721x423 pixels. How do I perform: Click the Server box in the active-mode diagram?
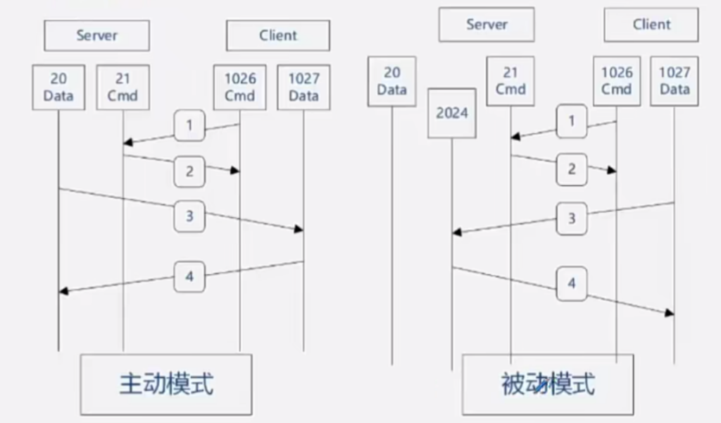pos(96,35)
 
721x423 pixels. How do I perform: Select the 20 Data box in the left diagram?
pos(58,87)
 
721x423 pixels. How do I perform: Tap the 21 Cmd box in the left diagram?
pos(123,87)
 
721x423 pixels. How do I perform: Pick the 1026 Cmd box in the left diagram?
pos(239,87)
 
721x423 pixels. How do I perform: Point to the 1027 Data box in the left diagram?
pos(303,87)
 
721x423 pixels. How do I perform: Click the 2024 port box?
pos(452,113)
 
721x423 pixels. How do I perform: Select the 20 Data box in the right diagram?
pos(391,81)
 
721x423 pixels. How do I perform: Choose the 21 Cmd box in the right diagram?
pos(510,81)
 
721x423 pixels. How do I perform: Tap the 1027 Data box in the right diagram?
pos(675,81)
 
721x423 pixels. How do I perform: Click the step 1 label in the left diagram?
pos(189,126)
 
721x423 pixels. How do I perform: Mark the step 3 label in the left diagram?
pos(189,216)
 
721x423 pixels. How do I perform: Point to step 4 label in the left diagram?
pos(189,276)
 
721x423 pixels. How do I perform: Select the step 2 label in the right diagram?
pos(571,169)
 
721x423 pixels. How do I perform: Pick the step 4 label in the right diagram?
pos(571,283)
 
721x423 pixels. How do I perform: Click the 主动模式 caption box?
pos(165,384)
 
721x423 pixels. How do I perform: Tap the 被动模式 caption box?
pos(547,384)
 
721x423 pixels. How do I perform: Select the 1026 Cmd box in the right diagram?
pos(617,81)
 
